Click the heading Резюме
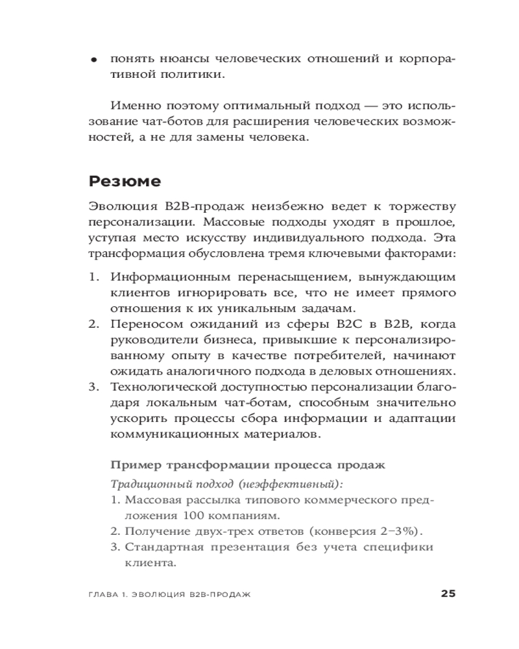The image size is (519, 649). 124,182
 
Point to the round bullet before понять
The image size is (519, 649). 94,60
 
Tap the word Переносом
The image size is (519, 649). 141,324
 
